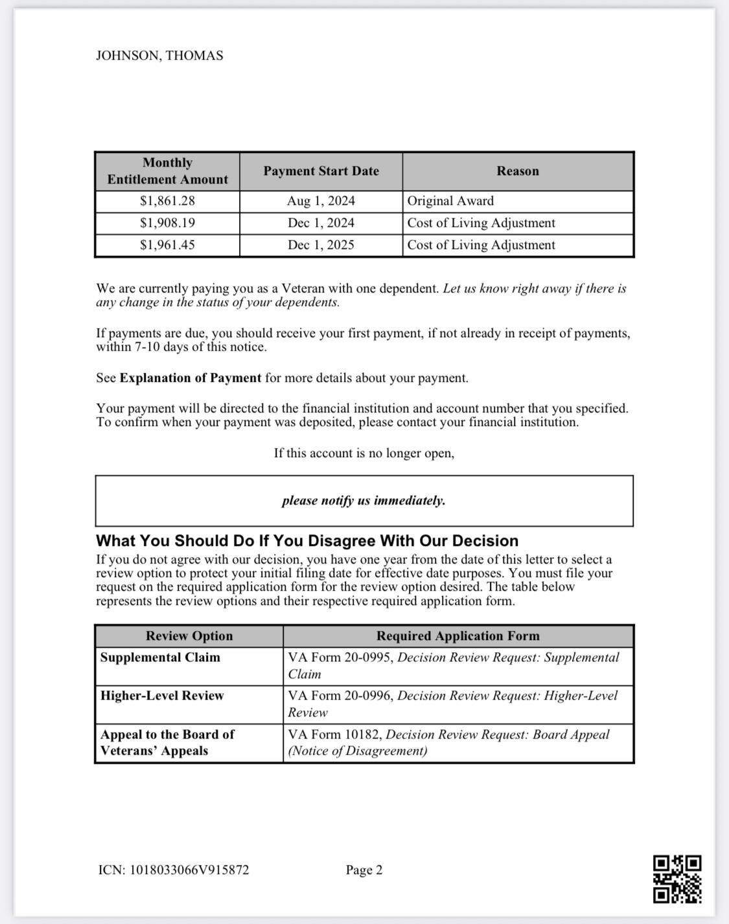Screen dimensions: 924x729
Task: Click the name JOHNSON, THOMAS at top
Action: [159, 56]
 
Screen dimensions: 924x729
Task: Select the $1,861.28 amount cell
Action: [167, 201]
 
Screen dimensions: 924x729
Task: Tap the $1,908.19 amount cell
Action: [167, 223]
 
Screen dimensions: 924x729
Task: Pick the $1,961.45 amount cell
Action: [167, 245]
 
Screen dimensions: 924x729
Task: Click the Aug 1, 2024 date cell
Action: [321, 201]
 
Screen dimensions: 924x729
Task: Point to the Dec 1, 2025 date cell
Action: [321, 245]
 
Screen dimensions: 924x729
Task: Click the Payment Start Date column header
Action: [321, 171]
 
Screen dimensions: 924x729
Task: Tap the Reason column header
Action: [518, 171]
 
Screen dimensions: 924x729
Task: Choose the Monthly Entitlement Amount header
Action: [167, 171]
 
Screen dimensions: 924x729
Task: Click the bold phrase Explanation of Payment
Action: [191, 378]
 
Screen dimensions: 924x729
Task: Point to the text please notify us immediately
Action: [364, 501]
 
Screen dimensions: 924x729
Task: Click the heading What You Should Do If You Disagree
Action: [307, 541]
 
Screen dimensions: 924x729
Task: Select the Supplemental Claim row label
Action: [160, 657]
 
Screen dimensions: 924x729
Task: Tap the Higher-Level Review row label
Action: [162, 696]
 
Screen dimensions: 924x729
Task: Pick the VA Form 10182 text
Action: [334, 735]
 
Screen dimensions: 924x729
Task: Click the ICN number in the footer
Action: [174, 870]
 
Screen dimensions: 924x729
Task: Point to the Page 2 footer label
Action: [364, 870]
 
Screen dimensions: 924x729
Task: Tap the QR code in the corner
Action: [677, 879]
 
